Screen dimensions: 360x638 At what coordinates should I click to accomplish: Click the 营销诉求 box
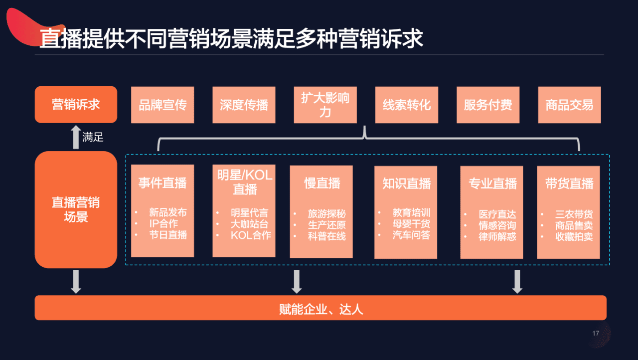[x=76, y=105]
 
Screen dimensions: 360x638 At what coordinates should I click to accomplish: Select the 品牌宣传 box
[x=162, y=105]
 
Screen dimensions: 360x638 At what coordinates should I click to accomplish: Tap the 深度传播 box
[x=244, y=105]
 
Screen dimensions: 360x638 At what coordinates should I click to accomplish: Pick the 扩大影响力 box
[x=325, y=105]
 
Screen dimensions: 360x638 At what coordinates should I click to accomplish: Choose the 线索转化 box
[x=406, y=105]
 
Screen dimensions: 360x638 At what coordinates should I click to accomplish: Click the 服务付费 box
[x=487, y=105]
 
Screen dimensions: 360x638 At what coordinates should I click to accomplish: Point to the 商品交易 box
[x=569, y=105]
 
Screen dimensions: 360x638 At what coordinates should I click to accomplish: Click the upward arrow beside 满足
[x=76, y=137]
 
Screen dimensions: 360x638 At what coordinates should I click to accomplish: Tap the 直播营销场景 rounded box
[x=76, y=209]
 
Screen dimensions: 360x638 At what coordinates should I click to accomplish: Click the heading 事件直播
[x=162, y=183]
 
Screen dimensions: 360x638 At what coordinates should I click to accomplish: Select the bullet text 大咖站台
[x=249, y=224]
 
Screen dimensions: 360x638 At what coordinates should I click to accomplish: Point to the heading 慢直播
[x=322, y=183]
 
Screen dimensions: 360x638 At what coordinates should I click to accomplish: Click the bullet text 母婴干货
[x=411, y=224]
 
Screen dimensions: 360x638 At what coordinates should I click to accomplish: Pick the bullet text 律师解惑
[x=497, y=236]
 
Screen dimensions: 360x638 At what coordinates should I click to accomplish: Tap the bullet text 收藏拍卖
[x=574, y=236]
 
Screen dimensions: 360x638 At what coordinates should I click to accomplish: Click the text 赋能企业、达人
[x=320, y=309]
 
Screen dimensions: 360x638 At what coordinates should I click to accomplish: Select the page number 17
[x=596, y=334]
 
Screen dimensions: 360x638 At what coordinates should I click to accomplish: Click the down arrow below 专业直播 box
[x=517, y=281]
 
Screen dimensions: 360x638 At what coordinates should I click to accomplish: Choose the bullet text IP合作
[x=163, y=224]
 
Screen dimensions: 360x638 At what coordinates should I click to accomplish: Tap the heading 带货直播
[x=569, y=183]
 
